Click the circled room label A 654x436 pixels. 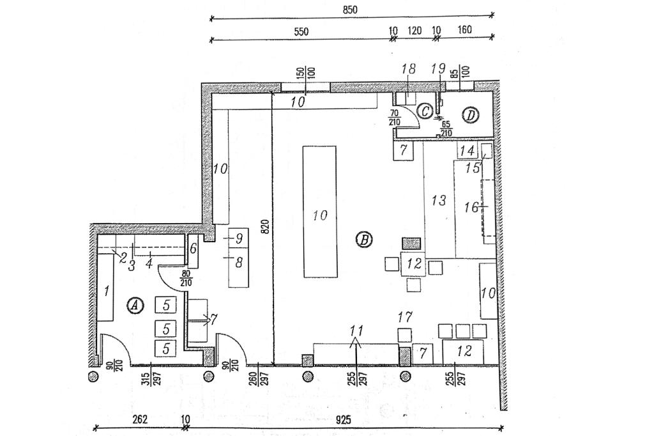(x=135, y=306)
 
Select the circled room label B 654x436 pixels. (x=363, y=240)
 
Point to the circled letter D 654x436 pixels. (x=471, y=115)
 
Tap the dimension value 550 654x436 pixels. (x=301, y=31)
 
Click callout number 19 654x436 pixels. (x=438, y=68)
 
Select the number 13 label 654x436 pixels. (x=438, y=201)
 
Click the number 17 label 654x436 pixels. (x=405, y=316)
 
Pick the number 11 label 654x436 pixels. (x=357, y=331)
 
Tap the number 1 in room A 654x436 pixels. (x=107, y=291)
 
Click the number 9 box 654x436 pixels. (x=238, y=238)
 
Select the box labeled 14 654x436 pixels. (x=468, y=151)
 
